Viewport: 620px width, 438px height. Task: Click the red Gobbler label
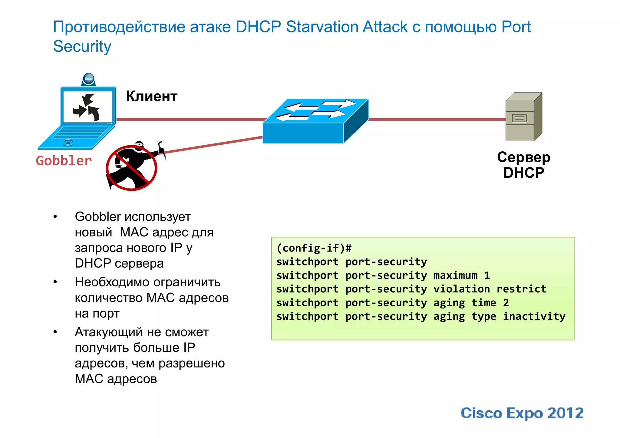coord(64,161)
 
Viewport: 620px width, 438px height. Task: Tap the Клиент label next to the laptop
coord(152,96)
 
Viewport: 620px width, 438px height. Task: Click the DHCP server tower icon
coord(523,117)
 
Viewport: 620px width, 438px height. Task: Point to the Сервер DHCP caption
coord(523,165)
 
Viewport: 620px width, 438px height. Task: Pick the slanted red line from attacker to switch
coord(212,145)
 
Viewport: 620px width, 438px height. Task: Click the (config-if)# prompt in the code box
coord(314,248)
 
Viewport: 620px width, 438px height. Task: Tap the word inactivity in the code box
coord(534,316)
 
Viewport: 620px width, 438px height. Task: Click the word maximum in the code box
coord(455,275)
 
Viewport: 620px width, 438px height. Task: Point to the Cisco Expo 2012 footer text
coord(522,413)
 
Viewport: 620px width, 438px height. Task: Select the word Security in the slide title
coord(82,47)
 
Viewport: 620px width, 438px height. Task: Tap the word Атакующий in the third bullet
coord(107,332)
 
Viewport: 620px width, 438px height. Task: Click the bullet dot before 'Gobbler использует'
coord(55,217)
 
